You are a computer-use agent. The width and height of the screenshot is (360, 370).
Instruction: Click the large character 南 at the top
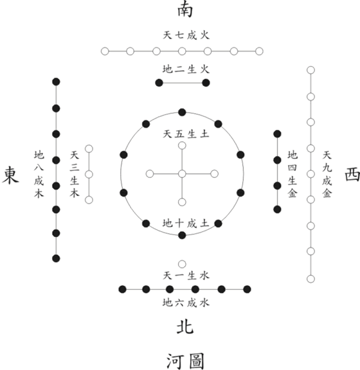pos(185,10)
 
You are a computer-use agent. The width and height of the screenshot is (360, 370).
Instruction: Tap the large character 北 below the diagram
pos(185,327)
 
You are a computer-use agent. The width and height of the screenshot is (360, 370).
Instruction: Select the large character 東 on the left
pos(10,175)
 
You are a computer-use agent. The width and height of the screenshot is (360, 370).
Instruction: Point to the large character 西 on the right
pos(352,175)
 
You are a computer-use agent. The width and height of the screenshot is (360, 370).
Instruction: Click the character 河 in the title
pos(175,361)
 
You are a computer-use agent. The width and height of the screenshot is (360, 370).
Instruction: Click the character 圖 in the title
pos(196,361)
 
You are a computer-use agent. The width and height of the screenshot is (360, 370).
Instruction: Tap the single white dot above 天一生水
pos(182,264)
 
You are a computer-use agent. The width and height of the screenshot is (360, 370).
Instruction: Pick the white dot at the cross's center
pos(182,174)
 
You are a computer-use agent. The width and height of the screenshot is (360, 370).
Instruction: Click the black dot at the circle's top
pos(182,112)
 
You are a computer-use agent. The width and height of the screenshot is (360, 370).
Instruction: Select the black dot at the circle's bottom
pos(182,235)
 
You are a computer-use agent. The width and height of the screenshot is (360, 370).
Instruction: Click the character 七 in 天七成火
pos(179,35)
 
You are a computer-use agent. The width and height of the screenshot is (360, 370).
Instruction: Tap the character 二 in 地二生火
pos(179,69)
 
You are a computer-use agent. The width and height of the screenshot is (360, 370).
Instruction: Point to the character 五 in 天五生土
pos(179,134)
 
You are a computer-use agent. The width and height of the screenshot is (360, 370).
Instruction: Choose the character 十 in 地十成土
pos(179,224)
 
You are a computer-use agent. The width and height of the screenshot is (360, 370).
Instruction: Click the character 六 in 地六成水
pos(179,303)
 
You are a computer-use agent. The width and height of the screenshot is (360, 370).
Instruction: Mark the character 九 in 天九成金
pos(327,168)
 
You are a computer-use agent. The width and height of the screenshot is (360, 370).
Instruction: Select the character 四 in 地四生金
pos(292,168)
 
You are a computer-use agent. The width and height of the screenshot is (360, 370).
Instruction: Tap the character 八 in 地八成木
pos(39,168)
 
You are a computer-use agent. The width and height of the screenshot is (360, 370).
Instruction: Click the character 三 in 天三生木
pos(74,168)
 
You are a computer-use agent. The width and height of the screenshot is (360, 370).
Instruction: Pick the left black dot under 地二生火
pos(159,83)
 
